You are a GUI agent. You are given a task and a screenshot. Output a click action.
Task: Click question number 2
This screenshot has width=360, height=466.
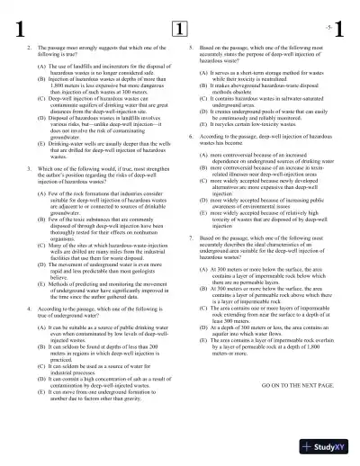pyautogui.click(x=30, y=46)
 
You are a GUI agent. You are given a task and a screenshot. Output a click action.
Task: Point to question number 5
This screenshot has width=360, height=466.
pyautogui.click(x=191, y=46)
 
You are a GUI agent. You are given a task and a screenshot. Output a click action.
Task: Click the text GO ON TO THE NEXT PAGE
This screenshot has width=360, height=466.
pyautogui.click(x=284, y=360)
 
